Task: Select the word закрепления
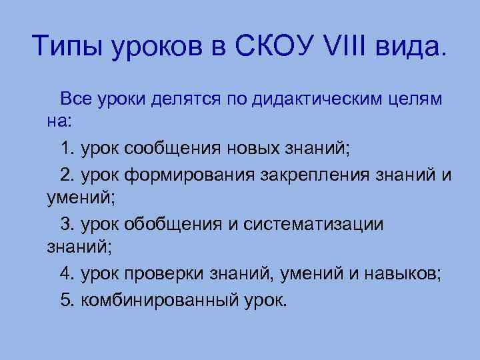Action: [305, 175]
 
